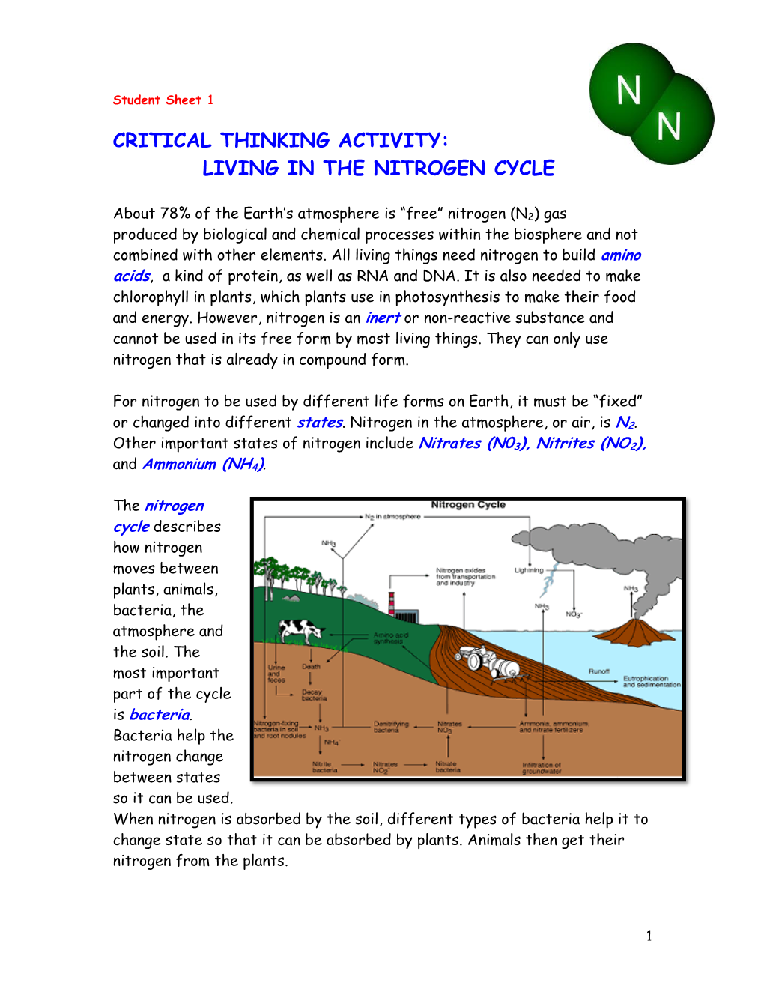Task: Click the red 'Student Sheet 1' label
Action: pos(163,100)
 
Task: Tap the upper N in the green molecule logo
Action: pos(628,91)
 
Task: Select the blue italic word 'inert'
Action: pos(383,318)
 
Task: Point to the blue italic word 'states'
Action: pos(320,423)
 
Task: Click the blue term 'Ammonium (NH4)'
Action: pos(203,465)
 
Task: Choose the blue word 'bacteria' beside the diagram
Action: pos(160,715)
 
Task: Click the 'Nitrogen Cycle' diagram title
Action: pos(468,505)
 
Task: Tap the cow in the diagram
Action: pos(300,629)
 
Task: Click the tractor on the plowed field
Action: pos(488,662)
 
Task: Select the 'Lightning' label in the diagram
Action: pos(529,570)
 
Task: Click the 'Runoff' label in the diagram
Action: pos(598,671)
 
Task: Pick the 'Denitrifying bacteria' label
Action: pos(391,727)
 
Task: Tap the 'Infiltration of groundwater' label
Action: pos(541,768)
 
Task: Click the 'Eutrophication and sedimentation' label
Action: pos(651,681)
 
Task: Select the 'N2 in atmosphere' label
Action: pos(392,516)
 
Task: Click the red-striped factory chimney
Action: pos(392,603)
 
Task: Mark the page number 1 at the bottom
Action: pos(649,935)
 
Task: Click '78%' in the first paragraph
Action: pos(175,214)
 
